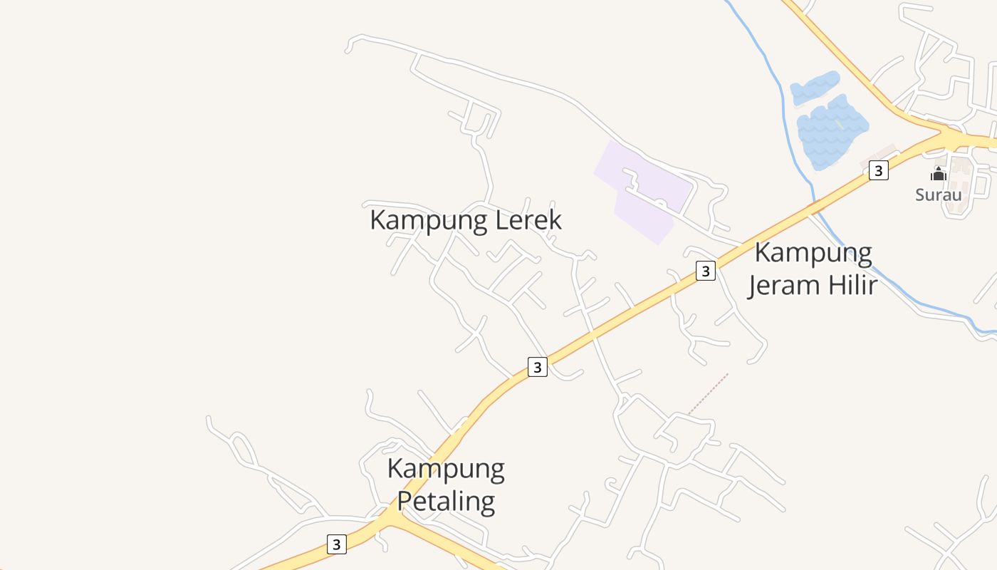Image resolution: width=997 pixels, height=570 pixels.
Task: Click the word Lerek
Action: [x=528, y=220]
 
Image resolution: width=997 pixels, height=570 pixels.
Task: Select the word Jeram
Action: [x=784, y=285]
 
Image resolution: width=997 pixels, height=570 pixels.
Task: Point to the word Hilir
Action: [x=851, y=285]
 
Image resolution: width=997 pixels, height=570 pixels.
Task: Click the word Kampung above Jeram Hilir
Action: [x=813, y=254]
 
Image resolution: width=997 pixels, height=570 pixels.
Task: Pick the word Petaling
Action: [x=446, y=501]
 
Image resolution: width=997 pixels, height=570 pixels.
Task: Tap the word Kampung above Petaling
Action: [x=446, y=470]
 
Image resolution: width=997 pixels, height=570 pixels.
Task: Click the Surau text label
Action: [x=938, y=195]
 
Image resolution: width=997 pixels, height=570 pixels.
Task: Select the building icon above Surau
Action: [x=938, y=174]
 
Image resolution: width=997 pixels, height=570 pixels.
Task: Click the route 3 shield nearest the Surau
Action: [x=879, y=170]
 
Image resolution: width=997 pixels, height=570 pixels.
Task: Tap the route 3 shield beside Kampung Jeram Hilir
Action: [x=705, y=271]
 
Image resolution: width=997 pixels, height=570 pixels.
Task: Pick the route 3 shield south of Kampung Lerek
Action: [x=538, y=367]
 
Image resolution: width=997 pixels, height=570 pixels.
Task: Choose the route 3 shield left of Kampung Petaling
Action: [x=337, y=544]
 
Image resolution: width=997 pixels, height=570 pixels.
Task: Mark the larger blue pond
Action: [x=832, y=132]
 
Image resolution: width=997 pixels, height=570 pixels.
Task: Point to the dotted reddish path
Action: [x=708, y=394]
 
